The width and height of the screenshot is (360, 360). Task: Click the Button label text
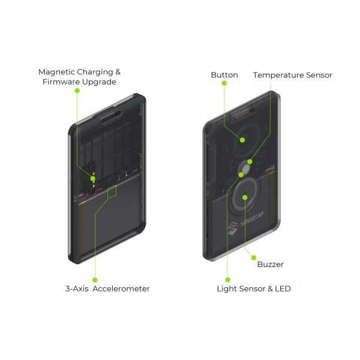[224, 75]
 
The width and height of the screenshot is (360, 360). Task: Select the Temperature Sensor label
[293, 75]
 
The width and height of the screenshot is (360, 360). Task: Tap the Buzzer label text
[270, 264]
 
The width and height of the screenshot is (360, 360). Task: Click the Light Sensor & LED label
[254, 289]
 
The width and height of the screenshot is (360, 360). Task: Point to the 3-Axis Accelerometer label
[107, 289]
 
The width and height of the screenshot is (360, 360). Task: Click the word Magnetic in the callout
[56, 72]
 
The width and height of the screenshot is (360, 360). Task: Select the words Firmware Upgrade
[79, 82]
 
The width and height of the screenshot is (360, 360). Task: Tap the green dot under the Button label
[224, 83]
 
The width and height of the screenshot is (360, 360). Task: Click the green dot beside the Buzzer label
[254, 257]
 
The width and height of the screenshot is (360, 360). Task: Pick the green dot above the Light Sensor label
[228, 280]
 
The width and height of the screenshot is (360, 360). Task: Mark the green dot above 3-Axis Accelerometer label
[95, 280]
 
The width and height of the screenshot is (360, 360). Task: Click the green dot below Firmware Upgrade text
[77, 91]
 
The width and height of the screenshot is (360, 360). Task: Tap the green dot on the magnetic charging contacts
[93, 178]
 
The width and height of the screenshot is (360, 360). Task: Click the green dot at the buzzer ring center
[245, 197]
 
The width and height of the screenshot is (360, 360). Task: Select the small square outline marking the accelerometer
[112, 191]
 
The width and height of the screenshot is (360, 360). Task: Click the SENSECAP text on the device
[252, 219]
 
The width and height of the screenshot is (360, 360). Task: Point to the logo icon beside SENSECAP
[233, 229]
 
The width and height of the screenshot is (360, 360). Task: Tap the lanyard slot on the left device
[110, 116]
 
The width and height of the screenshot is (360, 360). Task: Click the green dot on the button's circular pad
[242, 140]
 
